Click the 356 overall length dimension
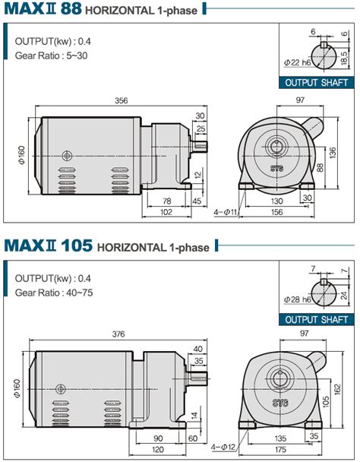[121, 101]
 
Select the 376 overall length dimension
[118, 334]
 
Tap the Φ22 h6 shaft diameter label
[297, 62]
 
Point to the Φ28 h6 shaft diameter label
[297, 299]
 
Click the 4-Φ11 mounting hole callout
[226, 212]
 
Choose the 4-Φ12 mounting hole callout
[223, 448]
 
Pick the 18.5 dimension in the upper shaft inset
[344, 58]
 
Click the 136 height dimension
[333, 153]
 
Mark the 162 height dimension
[338, 389]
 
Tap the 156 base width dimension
[276, 212]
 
